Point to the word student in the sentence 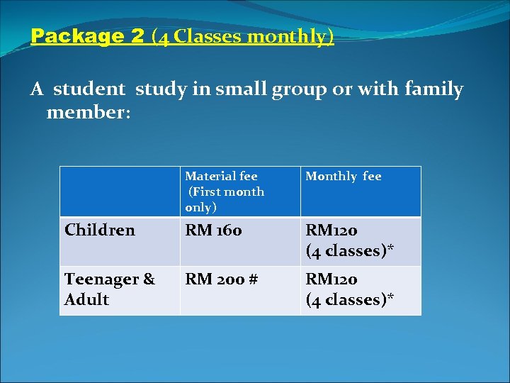point(91,90)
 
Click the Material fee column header point(224,191)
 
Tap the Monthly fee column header point(343,177)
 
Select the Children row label point(100,231)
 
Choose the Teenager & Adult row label point(110,289)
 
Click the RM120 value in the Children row point(331,231)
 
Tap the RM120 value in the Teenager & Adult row point(331,279)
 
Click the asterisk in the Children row point(390,249)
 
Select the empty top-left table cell point(120,191)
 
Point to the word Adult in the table point(86,299)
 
